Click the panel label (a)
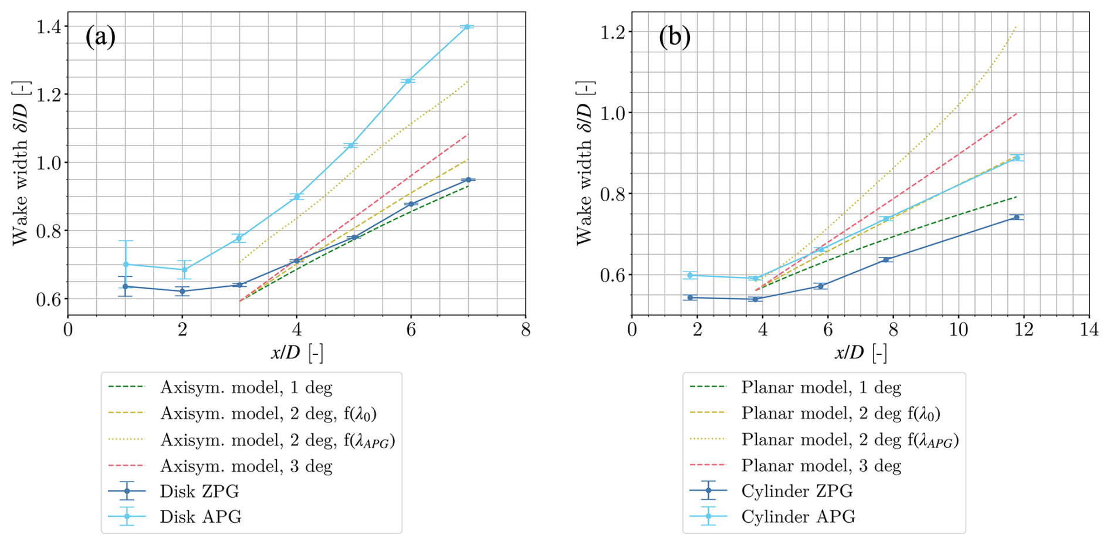100,37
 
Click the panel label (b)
674,37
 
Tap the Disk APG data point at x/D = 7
468,27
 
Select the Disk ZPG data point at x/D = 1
125,286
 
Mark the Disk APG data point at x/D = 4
297,197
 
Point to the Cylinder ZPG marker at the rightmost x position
1016,217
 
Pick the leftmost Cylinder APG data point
690,275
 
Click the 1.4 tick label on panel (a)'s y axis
50,26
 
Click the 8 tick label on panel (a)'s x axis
525,330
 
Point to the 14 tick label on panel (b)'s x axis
1089,330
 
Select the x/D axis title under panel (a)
297,353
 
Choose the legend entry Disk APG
200,517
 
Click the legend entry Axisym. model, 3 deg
246,466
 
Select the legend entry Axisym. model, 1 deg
246,387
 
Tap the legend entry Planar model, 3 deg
821,466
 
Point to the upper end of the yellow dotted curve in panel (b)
1016,26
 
